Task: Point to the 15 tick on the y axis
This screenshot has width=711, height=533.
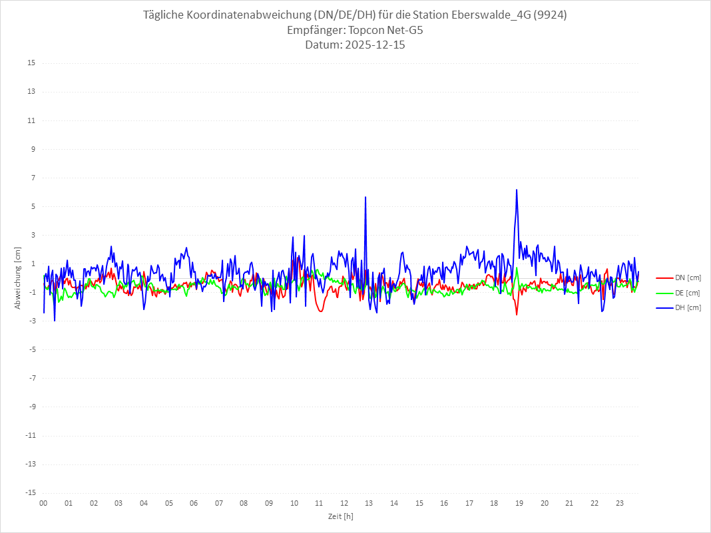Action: coord(31,63)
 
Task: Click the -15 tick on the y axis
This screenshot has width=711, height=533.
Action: coord(30,492)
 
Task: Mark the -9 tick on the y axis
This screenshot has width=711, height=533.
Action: coord(31,407)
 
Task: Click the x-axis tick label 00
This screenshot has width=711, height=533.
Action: coord(43,503)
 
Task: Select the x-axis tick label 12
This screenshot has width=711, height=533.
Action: coord(344,503)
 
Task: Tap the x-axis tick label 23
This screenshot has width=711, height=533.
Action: coord(619,503)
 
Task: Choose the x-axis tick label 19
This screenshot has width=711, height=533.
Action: coord(519,503)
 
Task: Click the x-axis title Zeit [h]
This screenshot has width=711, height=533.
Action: coord(340,516)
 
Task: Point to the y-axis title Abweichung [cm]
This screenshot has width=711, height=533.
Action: coord(18,277)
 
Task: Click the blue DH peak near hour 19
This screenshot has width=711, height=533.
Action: coord(517,190)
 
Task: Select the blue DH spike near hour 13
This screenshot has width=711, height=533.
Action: coord(365,198)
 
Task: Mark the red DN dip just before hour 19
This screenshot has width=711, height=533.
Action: coord(517,314)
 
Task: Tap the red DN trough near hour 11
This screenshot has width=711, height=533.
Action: coord(321,311)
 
